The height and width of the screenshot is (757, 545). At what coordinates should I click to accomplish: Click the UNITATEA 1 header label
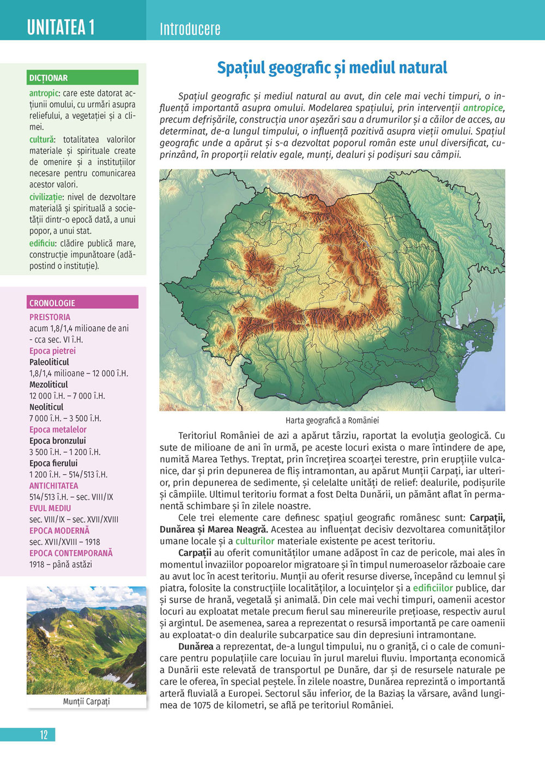click(61, 27)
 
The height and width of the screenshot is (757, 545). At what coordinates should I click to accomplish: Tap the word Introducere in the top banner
click(190, 29)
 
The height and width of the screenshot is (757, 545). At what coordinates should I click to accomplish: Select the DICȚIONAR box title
click(49, 78)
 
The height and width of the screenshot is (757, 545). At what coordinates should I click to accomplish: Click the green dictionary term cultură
click(41, 139)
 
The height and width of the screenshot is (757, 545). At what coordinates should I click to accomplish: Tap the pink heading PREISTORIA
click(50, 317)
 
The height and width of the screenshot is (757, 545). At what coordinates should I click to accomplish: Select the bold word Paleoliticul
click(49, 362)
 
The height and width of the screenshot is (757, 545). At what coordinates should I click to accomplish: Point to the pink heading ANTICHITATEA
click(53, 486)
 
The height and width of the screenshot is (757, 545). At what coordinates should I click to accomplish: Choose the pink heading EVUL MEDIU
click(50, 508)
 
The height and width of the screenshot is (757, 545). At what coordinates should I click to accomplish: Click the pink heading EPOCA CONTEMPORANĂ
click(71, 553)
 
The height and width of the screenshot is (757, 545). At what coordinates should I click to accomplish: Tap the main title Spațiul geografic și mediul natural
click(332, 68)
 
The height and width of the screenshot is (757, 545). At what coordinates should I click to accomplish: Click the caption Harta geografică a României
click(332, 420)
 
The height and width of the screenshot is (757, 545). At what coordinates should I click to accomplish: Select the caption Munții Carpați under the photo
click(86, 701)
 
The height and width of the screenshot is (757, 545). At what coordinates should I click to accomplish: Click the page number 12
click(44, 735)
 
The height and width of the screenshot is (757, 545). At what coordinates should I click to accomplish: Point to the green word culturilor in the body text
click(255, 541)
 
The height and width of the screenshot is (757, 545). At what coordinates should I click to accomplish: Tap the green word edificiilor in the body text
click(433, 588)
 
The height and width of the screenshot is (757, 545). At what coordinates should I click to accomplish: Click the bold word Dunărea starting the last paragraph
click(196, 646)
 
